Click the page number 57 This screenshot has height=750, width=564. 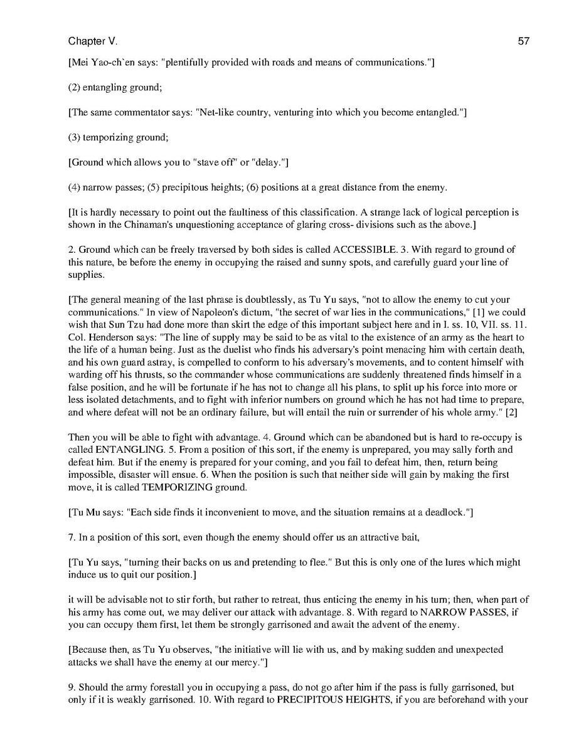[524, 41]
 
